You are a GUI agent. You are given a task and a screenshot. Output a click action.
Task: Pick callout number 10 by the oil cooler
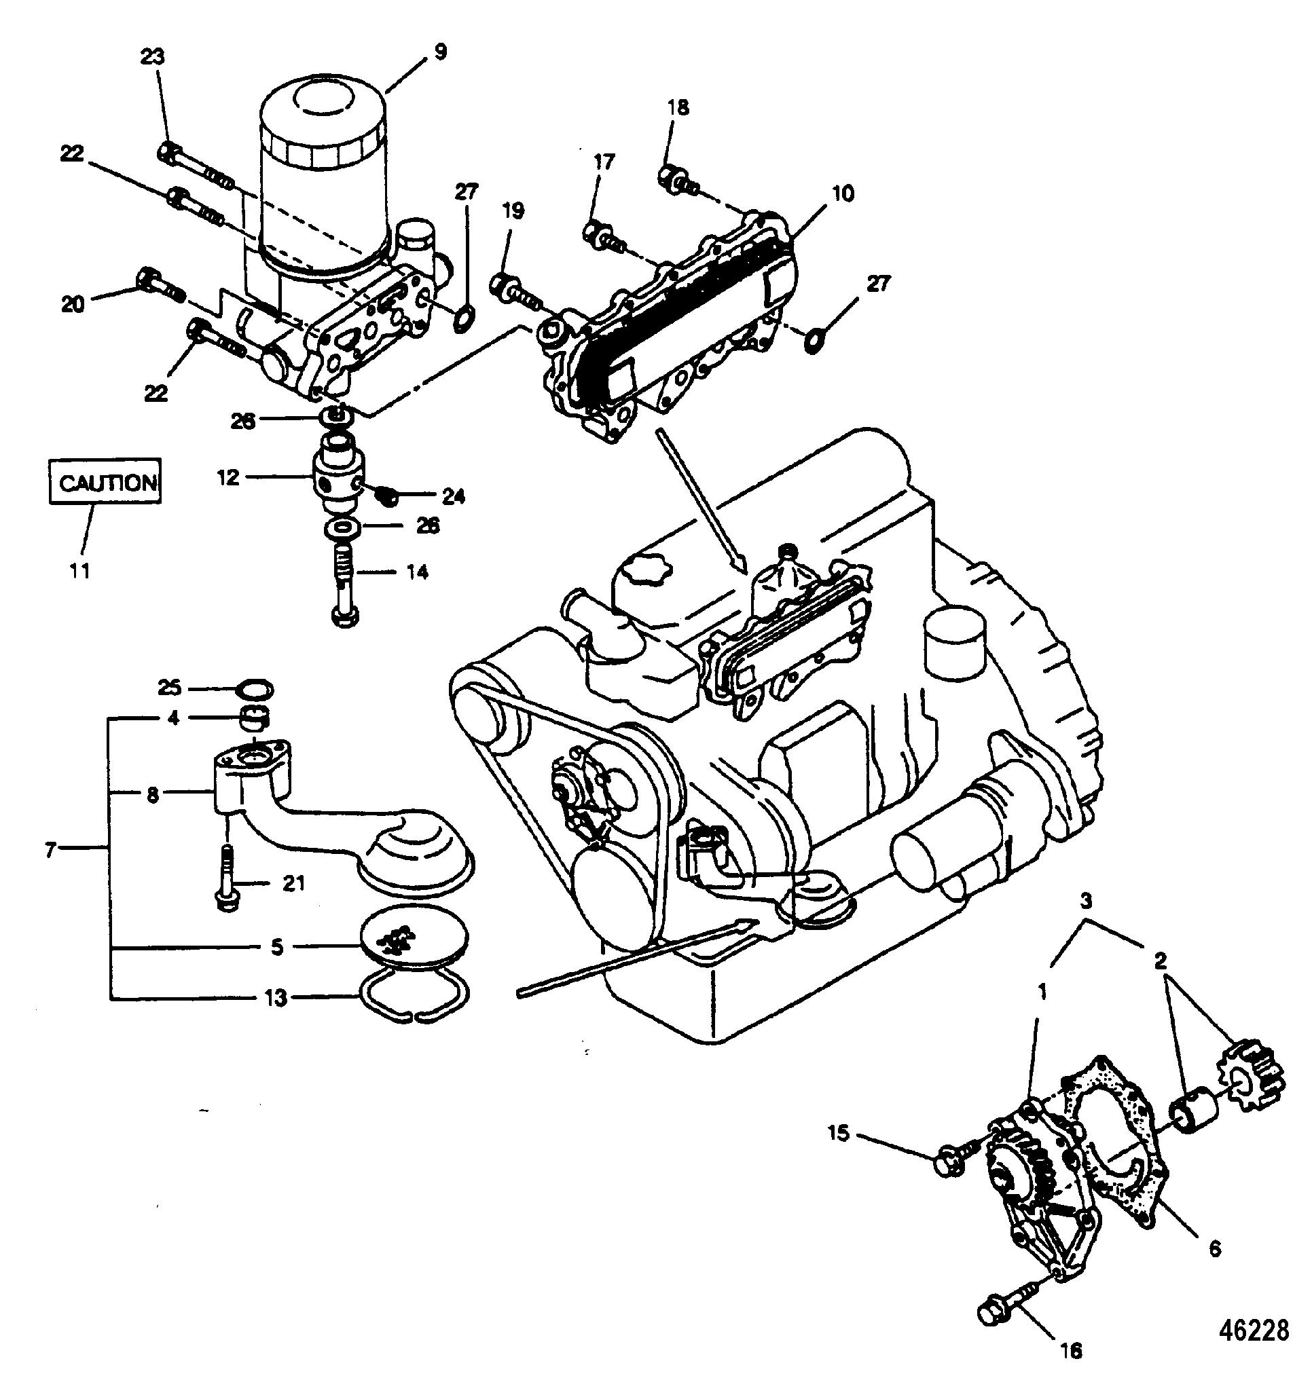click(843, 193)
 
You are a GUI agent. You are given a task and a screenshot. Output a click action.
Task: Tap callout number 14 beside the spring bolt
click(417, 572)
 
